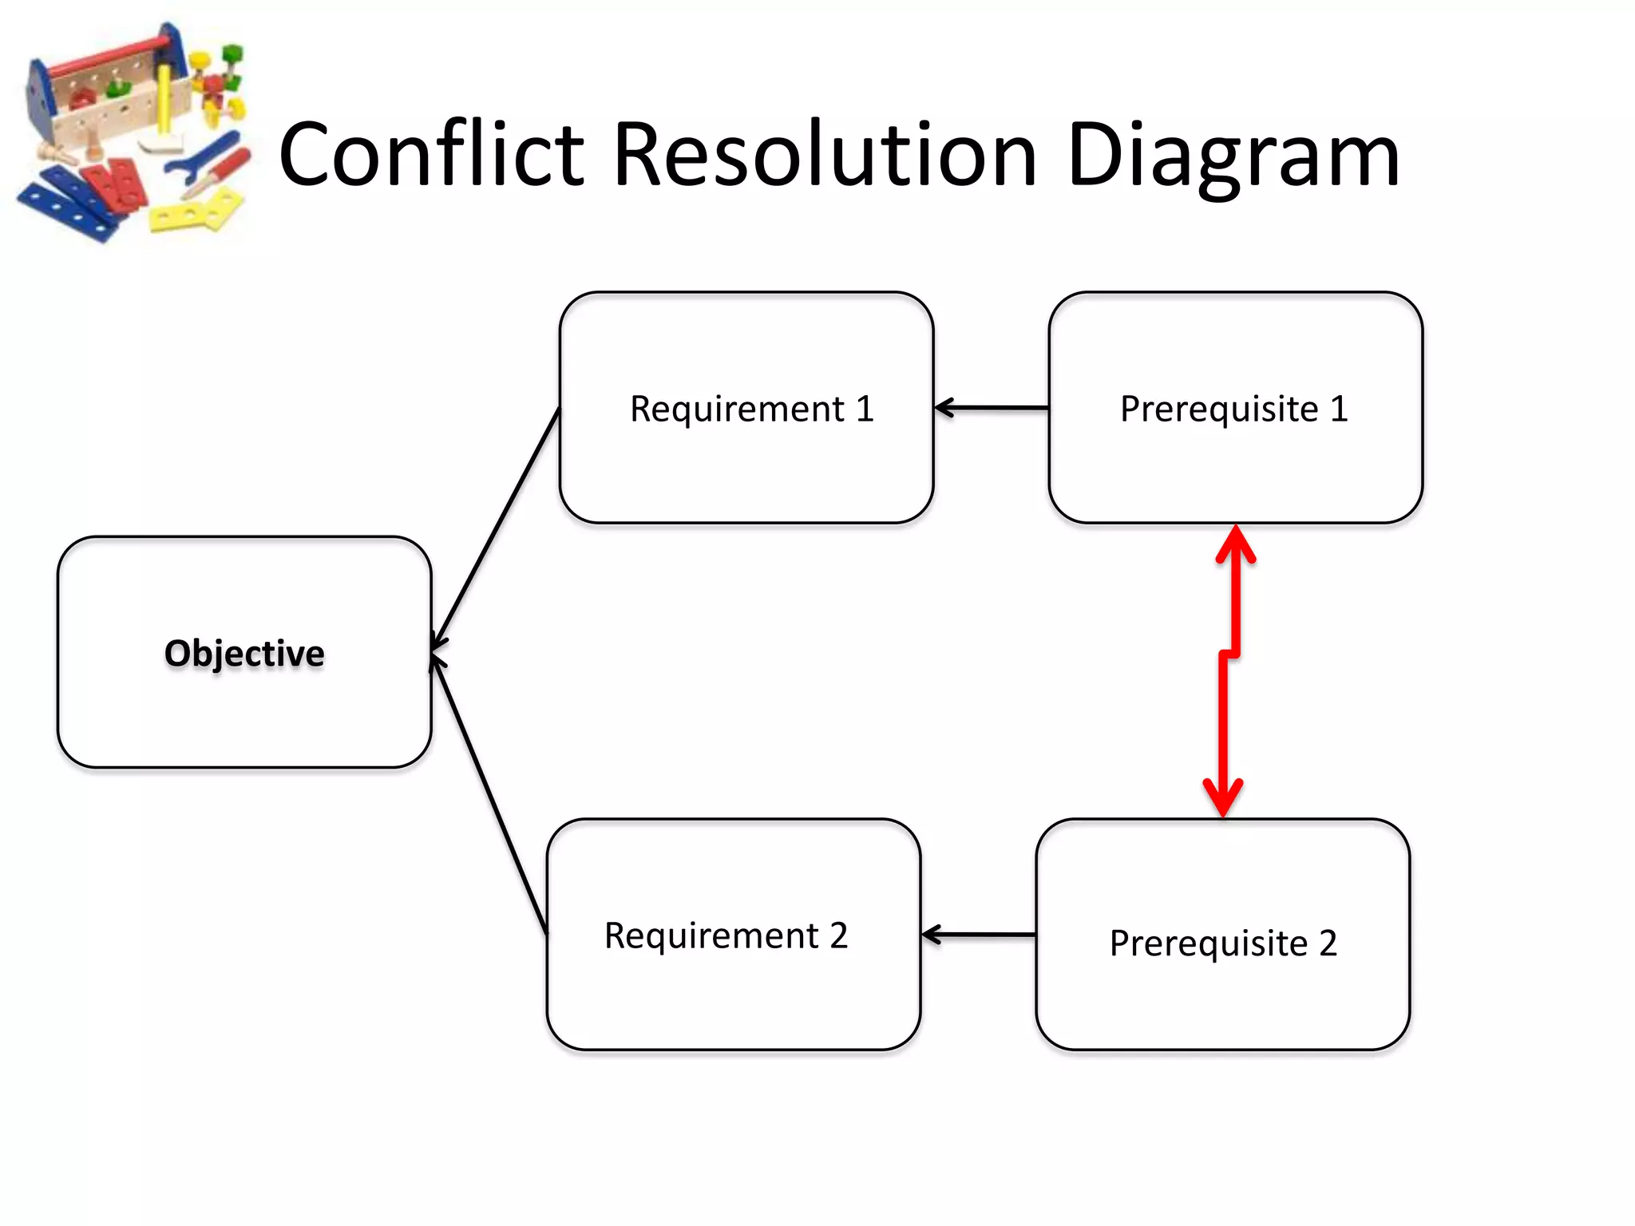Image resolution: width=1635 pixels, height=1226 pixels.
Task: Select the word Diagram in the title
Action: tap(1233, 156)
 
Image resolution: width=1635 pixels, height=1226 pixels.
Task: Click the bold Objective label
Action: tap(244, 653)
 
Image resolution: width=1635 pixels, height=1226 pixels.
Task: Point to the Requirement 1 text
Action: tap(751, 409)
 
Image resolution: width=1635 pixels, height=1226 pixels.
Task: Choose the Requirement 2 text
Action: tap(726, 935)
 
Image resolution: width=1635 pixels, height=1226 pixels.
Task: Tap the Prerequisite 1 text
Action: tap(1234, 409)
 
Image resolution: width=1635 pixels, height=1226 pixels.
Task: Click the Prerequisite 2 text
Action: tap(1223, 943)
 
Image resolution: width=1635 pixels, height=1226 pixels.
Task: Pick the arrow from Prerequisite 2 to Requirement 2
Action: tap(980, 934)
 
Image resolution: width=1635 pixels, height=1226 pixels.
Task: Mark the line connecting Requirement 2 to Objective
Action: tap(489, 794)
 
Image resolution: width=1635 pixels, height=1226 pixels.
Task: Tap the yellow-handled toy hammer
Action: tap(164, 112)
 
